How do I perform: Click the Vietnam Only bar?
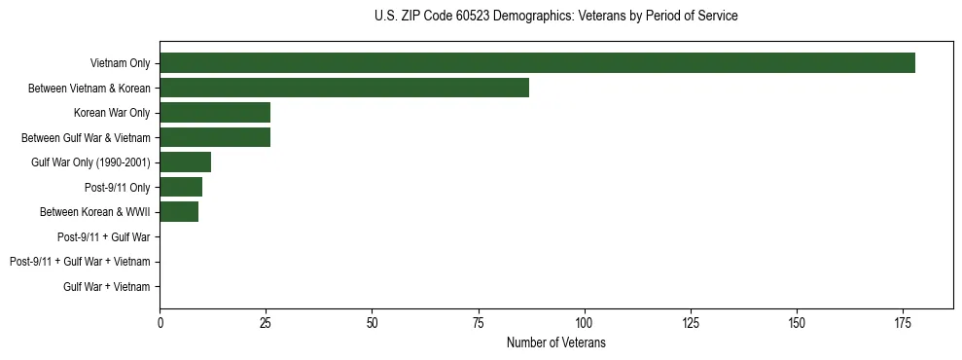[x=537, y=63]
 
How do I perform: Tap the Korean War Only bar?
[x=215, y=113]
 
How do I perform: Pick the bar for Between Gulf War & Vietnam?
[x=215, y=137]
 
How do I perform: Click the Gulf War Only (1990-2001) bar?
[x=185, y=162]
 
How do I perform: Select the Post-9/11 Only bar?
[x=181, y=187]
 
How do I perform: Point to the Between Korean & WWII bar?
[x=179, y=212]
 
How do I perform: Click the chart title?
[x=555, y=17]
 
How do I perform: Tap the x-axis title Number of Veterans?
[x=555, y=342]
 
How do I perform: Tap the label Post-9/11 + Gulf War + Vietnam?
[x=80, y=262]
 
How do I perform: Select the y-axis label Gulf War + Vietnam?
[x=107, y=287]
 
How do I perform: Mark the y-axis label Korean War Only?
[x=112, y=113]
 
